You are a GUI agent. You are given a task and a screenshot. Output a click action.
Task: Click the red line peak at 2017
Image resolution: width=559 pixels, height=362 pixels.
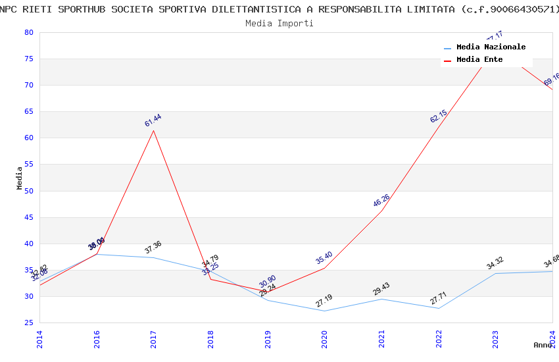(154, 130)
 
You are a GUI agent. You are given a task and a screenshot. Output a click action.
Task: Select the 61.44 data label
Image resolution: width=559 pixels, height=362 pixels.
(153, 120)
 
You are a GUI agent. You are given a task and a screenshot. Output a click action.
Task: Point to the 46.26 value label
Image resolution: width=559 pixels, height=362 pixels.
(381, 201)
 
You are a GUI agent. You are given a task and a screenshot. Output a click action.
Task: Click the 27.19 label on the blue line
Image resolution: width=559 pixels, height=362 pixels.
(324, 301)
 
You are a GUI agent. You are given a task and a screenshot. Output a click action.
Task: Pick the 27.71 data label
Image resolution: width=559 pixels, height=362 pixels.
(439, 298)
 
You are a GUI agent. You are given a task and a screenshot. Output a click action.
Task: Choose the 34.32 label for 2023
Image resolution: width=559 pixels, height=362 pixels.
(495, 263)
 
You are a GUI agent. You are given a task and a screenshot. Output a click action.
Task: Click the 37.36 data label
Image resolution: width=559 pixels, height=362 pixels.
(153, 247)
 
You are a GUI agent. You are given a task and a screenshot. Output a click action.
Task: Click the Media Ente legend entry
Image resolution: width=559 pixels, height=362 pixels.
(479, 60)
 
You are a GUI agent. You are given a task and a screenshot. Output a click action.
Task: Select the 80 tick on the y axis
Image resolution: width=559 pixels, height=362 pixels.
(28, 32)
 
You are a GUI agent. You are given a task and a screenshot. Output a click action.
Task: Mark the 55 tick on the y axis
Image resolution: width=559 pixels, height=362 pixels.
(28, 165)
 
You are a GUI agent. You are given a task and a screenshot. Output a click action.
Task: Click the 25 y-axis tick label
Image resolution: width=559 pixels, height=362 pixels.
(28, 323)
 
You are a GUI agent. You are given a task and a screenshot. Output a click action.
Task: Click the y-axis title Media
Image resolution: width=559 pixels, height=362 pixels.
(20, 178)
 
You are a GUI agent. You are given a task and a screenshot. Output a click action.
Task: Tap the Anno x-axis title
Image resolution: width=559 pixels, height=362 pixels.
(543, 345)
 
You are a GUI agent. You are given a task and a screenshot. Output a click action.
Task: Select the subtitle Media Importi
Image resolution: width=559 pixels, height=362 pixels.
(279, 23)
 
